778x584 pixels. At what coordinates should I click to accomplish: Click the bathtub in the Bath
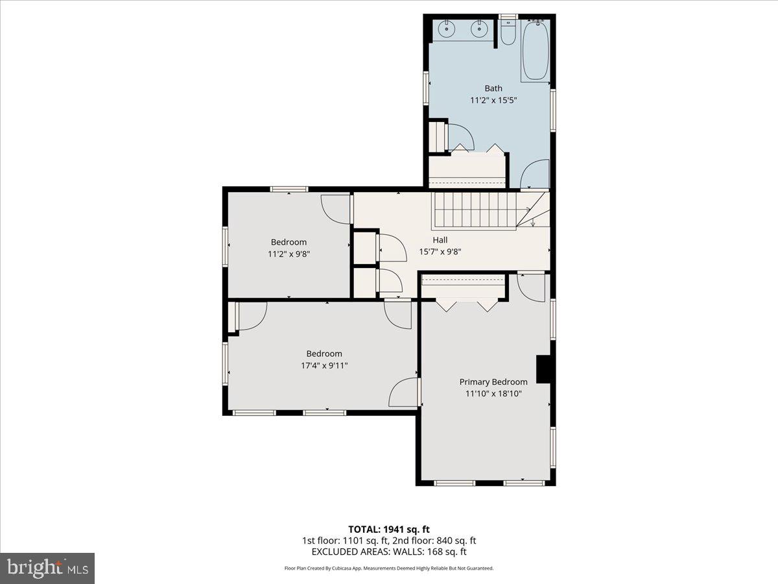pos(535,50)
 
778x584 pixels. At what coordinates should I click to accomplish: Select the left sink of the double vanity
pos(447,29)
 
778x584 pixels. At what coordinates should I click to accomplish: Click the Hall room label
pos(440,240)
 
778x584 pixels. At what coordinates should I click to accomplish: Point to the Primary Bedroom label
pos(493,382)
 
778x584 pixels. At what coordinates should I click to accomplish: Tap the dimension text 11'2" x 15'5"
pos(493,101)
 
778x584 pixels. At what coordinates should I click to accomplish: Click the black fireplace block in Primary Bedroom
pos(543,370)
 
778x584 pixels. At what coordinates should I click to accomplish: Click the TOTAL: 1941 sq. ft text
pos(389,529)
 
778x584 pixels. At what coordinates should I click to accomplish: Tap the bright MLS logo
pos(47,568)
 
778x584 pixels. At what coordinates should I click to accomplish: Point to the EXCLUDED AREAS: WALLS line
pos(389,552)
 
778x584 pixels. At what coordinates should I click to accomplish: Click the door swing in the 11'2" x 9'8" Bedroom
pos(335,209)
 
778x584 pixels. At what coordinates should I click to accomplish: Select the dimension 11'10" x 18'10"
pos(493,394)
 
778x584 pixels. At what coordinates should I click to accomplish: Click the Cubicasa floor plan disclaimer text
pos(389,568)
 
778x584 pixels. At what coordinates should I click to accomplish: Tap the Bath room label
pos(493,88)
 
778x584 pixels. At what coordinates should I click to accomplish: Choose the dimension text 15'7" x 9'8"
pos(440,252)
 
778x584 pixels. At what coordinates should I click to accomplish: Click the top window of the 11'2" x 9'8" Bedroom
pos(289,189)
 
